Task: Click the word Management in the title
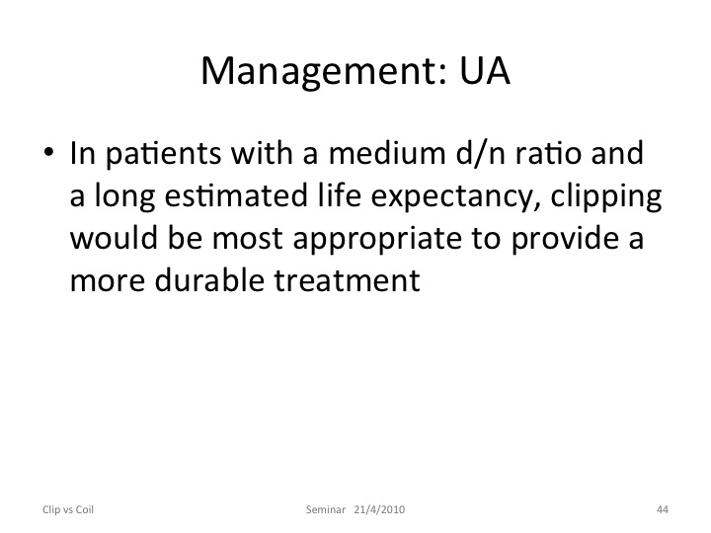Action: click(324, 72)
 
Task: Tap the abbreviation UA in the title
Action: click(485, 70)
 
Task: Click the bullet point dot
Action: click(48, 151)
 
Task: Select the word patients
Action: click(163, 154)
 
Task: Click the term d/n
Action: click(480, 153)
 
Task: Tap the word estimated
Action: click(236, 194)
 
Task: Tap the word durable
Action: click(209, 279)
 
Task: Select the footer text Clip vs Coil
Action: click(68, 509)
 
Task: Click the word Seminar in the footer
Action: click(326, 509)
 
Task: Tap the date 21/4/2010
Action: click(379, 509)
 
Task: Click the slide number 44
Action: click(663, 509)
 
